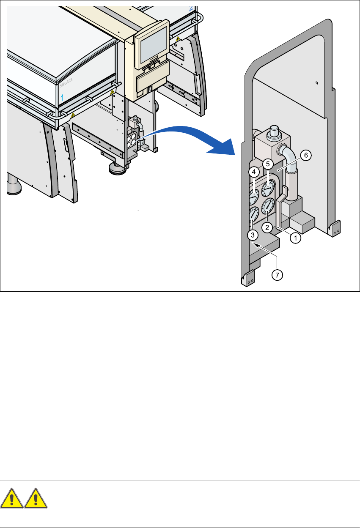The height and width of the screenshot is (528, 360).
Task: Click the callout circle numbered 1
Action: tap(295, 238)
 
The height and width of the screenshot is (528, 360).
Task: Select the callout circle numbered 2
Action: tap(267, 227)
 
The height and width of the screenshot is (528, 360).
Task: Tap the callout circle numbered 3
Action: tap(253, 235)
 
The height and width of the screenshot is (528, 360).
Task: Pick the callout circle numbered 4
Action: tap(254, 172)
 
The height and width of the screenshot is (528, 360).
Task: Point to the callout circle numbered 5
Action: tap(268, 164)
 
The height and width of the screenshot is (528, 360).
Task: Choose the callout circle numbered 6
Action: tap(306, 155)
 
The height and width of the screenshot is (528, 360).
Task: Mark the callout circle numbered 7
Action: tap(277, 275)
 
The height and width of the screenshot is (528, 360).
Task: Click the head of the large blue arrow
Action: tap(224, 147)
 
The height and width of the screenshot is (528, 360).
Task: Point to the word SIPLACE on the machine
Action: tap(66, 83)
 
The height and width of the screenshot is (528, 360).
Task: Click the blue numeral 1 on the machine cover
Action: tap(62, 98)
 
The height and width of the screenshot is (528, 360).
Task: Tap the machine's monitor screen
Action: tap(154, 45)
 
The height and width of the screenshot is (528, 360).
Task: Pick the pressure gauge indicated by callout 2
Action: tap(268, 206)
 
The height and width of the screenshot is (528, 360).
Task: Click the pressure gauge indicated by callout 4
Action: tap(254, 196)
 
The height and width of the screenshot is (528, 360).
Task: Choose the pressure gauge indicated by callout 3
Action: tap(254, 214)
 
